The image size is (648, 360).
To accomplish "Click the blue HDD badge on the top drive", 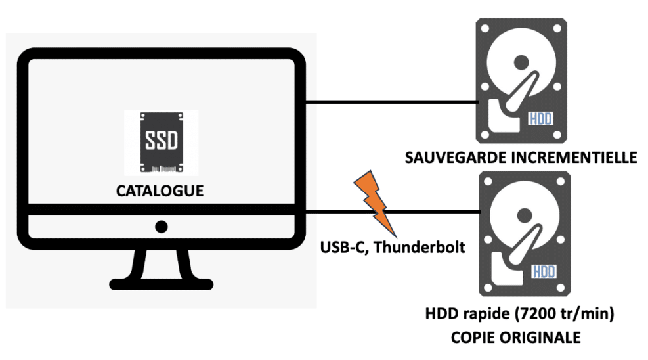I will pyautogui.click(x=541, y=119).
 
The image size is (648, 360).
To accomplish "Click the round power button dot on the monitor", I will pyautogui.click(x=161, y=227).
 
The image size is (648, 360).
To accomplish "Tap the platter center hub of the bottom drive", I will pyautogui.click(x=524, y=215).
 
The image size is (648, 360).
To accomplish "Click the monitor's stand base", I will pyautogui.click(x=161, y=282).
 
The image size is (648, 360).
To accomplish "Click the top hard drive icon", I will pyautogui.click(x=523, y=79).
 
